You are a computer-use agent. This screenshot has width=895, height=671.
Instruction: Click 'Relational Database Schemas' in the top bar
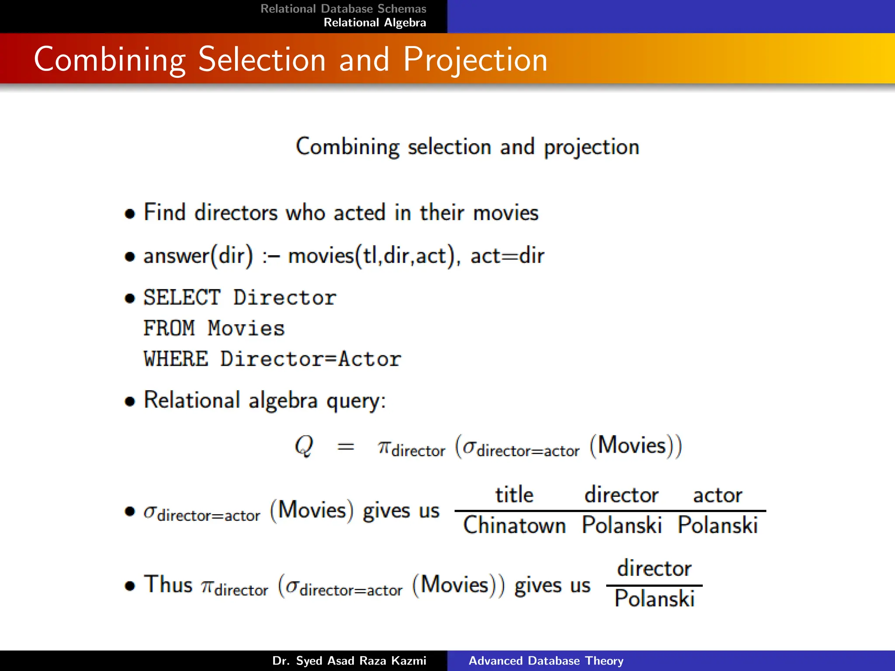[343, 9]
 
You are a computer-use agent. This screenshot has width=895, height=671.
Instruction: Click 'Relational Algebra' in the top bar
[375, 23]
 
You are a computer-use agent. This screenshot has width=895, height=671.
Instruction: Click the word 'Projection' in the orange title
[475, 60]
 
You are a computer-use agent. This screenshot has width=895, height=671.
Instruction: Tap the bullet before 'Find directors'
[129, 214]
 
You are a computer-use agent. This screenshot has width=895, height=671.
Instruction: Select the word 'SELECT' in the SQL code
[182, 298]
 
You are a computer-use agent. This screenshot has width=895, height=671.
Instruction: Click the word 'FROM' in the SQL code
[169, 329]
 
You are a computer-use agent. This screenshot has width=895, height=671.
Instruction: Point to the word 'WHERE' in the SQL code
[176, 359]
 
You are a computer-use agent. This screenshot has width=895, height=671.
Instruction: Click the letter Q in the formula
[304, 446]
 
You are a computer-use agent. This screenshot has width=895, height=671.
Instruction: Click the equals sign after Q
[346, 446]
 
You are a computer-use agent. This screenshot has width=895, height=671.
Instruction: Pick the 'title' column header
[514, 495]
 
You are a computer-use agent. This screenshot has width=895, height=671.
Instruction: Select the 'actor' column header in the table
[717, 495]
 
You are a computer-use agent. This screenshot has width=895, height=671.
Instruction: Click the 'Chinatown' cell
[514, 525]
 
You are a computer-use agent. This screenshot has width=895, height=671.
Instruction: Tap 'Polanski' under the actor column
[717, 525]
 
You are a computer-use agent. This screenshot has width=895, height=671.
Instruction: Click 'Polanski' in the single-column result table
[654, 598]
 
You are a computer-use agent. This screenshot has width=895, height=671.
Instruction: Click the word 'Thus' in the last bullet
[168, 585]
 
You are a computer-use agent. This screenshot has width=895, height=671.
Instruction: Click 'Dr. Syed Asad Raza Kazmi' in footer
[349, 661]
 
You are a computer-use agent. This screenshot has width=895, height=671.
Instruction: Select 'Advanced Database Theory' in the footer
[546, 661]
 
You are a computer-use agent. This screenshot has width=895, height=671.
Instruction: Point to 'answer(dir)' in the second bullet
[198, 256]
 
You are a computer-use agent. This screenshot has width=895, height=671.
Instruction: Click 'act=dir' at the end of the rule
[507, 256]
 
